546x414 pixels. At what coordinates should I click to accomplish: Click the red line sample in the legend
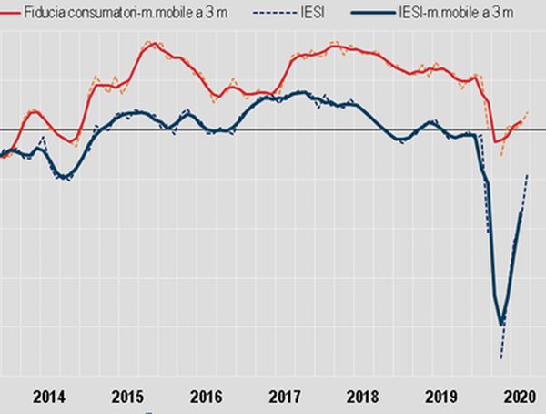tap(10, 13)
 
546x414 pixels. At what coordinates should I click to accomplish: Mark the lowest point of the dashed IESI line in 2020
tap(500, 357)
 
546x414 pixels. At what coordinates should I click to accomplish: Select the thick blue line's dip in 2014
tap(63, 177)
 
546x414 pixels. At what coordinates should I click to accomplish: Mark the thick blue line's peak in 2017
tap(300, 93)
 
